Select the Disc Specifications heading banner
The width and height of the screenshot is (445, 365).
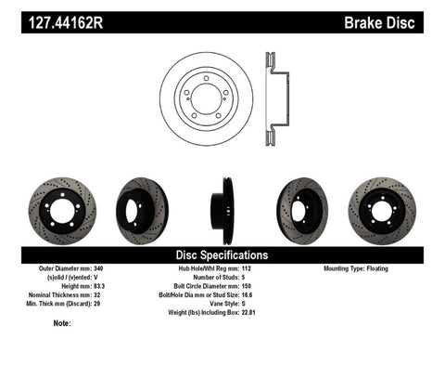click(222, 254)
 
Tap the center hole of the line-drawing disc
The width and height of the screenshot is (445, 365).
click(206, 93)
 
